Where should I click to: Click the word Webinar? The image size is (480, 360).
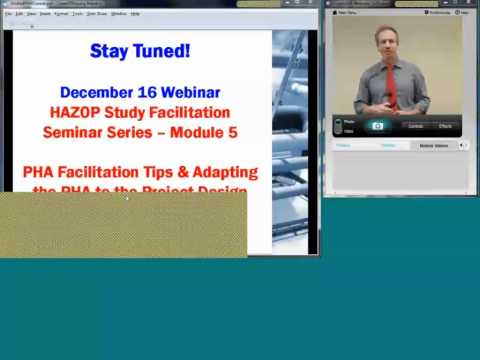click(x=189, y=92)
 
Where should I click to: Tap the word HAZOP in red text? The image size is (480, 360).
click(x=77, y=112)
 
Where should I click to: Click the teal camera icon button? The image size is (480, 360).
click(x=377, y=126)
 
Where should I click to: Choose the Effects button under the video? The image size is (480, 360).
click(x=444, y=126)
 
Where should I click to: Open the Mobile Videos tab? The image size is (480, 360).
click(x=433, y=145)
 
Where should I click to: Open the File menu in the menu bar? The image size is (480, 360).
click(x=9, y=14)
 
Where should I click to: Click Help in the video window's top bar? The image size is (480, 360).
click(x=466, y=13)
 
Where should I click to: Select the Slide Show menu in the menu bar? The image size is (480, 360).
click(x=95, y=14)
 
